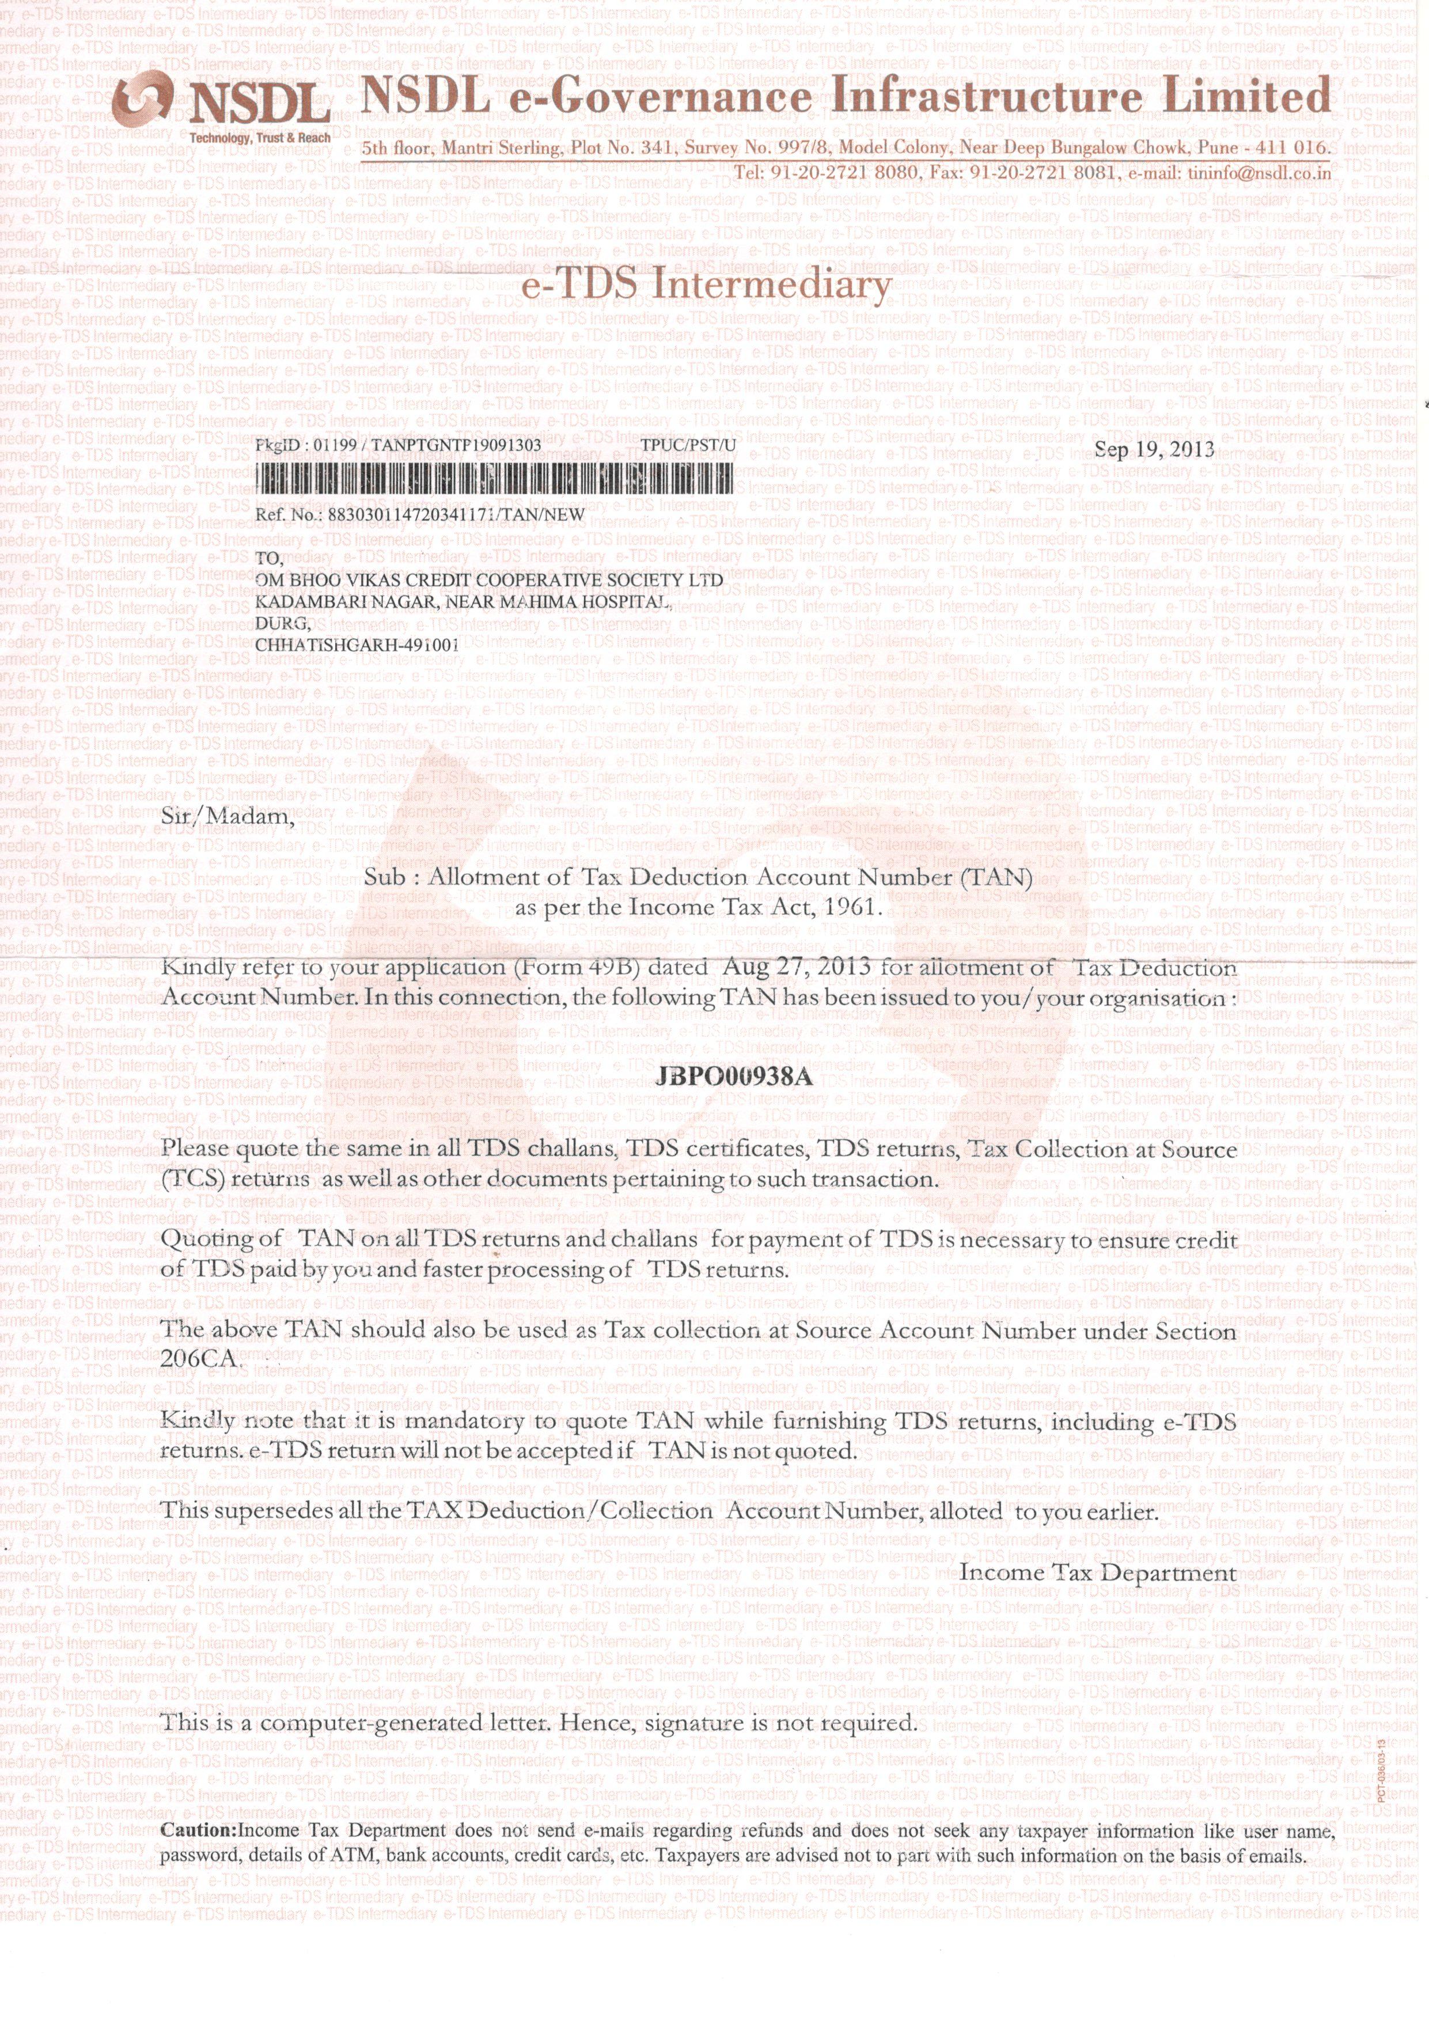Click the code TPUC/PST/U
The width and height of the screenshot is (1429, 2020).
coord(688,445)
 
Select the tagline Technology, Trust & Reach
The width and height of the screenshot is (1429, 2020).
coord(260,138)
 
